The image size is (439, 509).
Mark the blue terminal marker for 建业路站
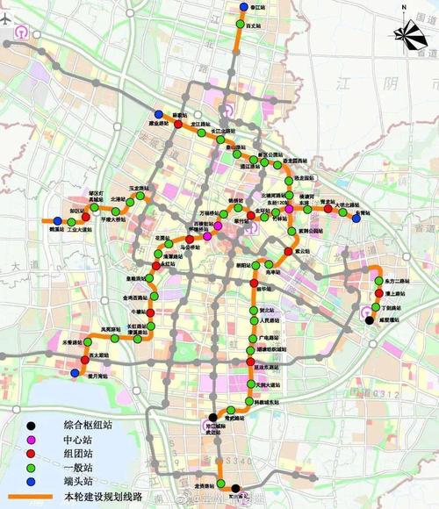(x=157, y=114)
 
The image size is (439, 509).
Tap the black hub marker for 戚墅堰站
(x=369, y=320)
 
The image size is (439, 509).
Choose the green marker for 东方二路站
(x=378, y=281)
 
